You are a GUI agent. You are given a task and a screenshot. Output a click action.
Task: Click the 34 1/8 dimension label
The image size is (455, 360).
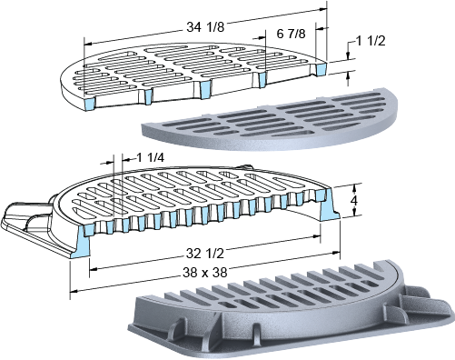(205, 27)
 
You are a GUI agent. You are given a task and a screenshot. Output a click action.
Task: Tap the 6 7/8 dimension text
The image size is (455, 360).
(291, 34)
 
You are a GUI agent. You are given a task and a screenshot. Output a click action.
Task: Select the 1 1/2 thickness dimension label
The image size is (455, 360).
(371, 41)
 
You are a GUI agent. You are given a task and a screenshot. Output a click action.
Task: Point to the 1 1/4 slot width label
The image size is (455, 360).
(150, 158)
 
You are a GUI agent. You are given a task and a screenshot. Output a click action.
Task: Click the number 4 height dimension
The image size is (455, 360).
(353, 200)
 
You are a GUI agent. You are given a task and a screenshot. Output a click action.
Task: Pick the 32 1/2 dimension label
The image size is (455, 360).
(205, 254)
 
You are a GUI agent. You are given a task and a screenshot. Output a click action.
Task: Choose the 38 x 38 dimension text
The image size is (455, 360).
(205, 273)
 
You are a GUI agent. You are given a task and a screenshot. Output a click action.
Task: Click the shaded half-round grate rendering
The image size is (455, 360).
(270, 120)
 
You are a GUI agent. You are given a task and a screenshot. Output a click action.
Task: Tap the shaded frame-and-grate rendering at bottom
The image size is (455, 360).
(291, 309)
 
